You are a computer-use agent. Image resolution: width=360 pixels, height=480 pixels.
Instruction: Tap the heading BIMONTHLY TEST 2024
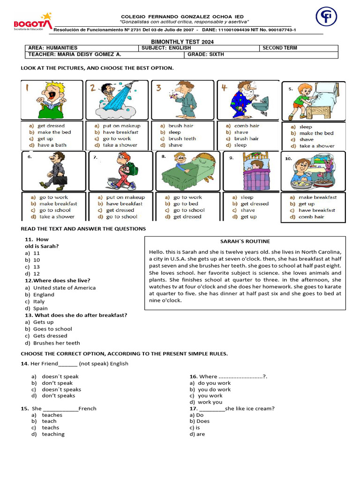[x=180, y=42]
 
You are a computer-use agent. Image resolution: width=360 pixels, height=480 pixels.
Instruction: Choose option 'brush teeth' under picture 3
[x=182, y=139]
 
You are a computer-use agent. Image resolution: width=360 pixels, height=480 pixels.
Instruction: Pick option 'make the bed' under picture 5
[x=316, y=133]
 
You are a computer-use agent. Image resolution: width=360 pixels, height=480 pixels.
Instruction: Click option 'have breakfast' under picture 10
[x=317, y=210]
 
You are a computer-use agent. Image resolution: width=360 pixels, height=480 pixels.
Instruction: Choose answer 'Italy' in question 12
[x=39, y=301]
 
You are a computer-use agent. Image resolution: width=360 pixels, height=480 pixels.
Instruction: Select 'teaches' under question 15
[x=52, y=415]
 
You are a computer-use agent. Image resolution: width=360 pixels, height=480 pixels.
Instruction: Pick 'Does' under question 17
[x=203, y=421]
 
